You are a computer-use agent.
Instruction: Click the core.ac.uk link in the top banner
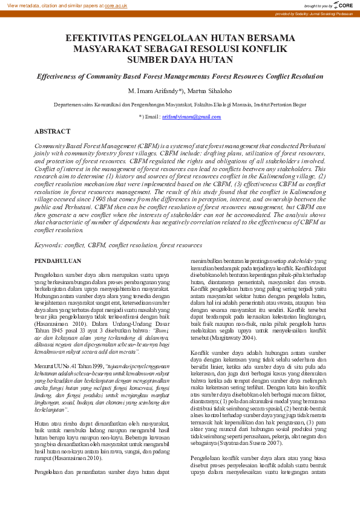(x=116, y=5)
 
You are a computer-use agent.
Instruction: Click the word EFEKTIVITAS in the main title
(x=97, y=37)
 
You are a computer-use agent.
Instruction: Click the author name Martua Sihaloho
(x=209, y=91)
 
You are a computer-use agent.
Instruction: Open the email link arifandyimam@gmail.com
(x=191, y=116)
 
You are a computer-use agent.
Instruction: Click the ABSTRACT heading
(x=53, y=131)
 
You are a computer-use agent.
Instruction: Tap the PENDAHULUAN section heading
(x=58, y=261)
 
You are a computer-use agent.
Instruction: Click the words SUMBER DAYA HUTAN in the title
(x=180, y=59)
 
